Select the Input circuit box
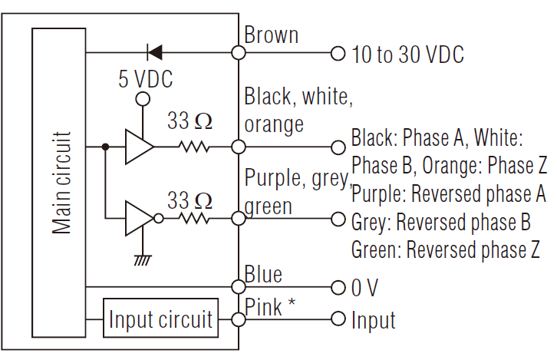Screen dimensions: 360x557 pos(160,319)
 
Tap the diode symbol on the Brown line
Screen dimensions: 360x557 pos(153,53)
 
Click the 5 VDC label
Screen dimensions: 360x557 pos(145,79)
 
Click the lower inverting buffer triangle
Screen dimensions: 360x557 pos(139,219)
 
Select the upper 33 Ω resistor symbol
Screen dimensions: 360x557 pos(193,146)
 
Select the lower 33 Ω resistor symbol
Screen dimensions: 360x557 pos(193,219)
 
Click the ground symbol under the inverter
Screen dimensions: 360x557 pos(141,259)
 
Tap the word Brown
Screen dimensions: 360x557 pos(272,35)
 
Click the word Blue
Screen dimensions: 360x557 pos(263,274)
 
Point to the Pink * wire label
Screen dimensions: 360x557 pos(270,306)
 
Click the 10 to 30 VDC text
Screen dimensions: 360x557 pos(407,54)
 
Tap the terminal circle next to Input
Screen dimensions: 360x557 pos(337,319)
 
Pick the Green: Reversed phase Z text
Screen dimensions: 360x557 pos(445,249)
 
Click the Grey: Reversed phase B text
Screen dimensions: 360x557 pos(440,223)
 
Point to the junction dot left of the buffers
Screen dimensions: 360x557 pos(104,146)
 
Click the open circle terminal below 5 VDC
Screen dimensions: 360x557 pos(141,99)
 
